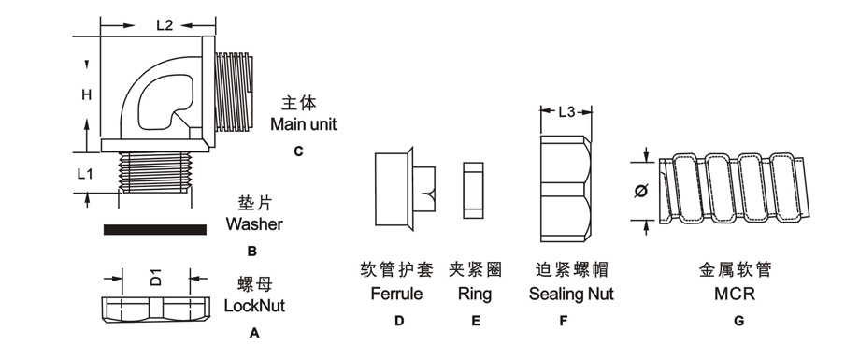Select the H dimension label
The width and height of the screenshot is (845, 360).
(x=85, y=96)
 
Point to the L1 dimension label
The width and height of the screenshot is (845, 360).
(x=85, y=173)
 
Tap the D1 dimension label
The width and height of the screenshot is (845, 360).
(x=156, y=277)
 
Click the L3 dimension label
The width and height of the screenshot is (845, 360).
(x=566, y=113)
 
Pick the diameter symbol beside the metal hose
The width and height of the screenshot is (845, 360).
(x=643, y=193)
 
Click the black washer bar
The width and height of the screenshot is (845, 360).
(x=156, y=229)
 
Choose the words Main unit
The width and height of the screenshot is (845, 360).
(x=303, y=123)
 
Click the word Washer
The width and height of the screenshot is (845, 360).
(x=253, y=224)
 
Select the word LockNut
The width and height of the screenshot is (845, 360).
(x=254, y=305)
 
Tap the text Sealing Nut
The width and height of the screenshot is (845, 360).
(x=571, y=294)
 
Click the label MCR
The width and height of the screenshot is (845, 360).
(x=737, y=294)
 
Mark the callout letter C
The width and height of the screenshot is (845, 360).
(x=298, y=151)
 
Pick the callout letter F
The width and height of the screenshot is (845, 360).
(x=564, y=321)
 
